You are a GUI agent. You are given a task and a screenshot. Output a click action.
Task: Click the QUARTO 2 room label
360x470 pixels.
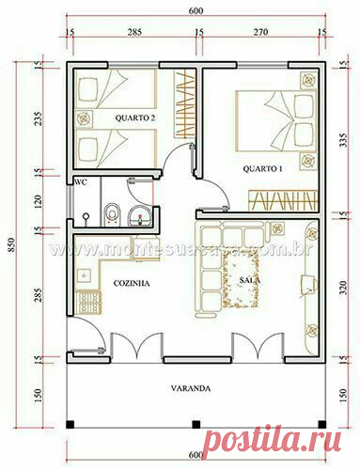134,117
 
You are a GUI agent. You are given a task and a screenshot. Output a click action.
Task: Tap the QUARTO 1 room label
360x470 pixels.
261,170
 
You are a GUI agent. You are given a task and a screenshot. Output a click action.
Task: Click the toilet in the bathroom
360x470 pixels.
111,214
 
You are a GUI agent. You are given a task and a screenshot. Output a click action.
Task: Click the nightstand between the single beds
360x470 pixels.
87,118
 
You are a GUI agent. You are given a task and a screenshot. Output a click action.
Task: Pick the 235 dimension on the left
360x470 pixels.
36,119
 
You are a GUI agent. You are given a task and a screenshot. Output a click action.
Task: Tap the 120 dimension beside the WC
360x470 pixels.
36,200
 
